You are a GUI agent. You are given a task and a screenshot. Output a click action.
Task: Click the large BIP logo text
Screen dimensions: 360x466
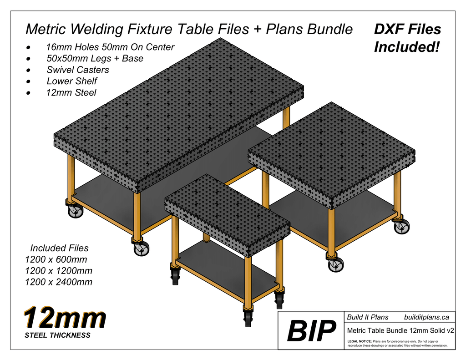(311, 331)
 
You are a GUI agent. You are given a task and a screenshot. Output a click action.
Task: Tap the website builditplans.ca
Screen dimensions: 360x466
(426, 317)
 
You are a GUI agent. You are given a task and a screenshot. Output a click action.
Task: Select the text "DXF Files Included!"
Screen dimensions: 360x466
(407, 38)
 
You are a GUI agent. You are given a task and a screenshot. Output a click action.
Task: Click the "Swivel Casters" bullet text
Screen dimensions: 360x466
(78, 70)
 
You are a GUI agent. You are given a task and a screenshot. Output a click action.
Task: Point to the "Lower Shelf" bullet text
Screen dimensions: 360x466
(72, 81)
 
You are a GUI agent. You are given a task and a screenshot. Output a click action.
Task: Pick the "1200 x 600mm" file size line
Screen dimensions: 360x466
(56, 259)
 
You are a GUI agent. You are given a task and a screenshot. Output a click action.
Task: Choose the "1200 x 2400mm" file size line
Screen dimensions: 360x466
(59, 282)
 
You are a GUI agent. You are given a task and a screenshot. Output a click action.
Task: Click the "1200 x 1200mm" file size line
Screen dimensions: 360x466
(59, 271)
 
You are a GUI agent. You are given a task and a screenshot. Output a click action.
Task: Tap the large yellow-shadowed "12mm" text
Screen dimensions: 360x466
(65, 318)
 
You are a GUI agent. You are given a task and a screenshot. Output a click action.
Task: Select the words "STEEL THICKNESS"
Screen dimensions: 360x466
(57, 335)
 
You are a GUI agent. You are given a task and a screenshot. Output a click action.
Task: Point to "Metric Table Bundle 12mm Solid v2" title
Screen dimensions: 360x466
(400, 330)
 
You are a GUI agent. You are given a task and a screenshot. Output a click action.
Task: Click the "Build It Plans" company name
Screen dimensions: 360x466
(368, 317)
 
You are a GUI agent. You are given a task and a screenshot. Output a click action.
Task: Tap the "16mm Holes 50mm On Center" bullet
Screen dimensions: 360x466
(110, 47)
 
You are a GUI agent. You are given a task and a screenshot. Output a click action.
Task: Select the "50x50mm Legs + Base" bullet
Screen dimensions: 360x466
(95, 58)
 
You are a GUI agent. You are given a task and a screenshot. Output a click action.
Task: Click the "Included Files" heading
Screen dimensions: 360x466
(59, 248)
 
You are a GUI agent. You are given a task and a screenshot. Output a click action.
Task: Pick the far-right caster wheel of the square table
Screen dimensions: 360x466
(401, 227)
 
